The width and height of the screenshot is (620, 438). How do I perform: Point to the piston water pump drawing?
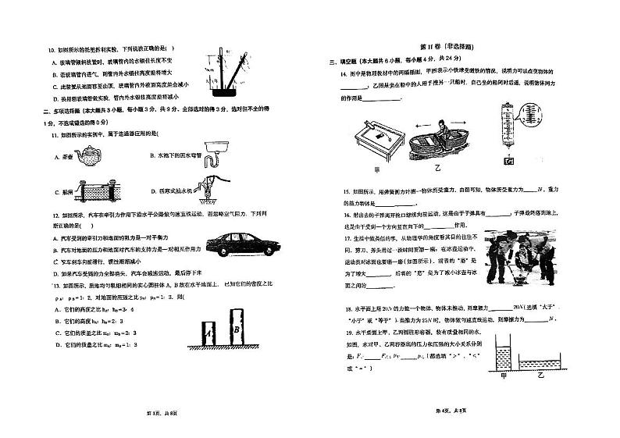pos(206,188)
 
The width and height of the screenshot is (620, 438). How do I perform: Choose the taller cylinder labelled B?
pos(237,328)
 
